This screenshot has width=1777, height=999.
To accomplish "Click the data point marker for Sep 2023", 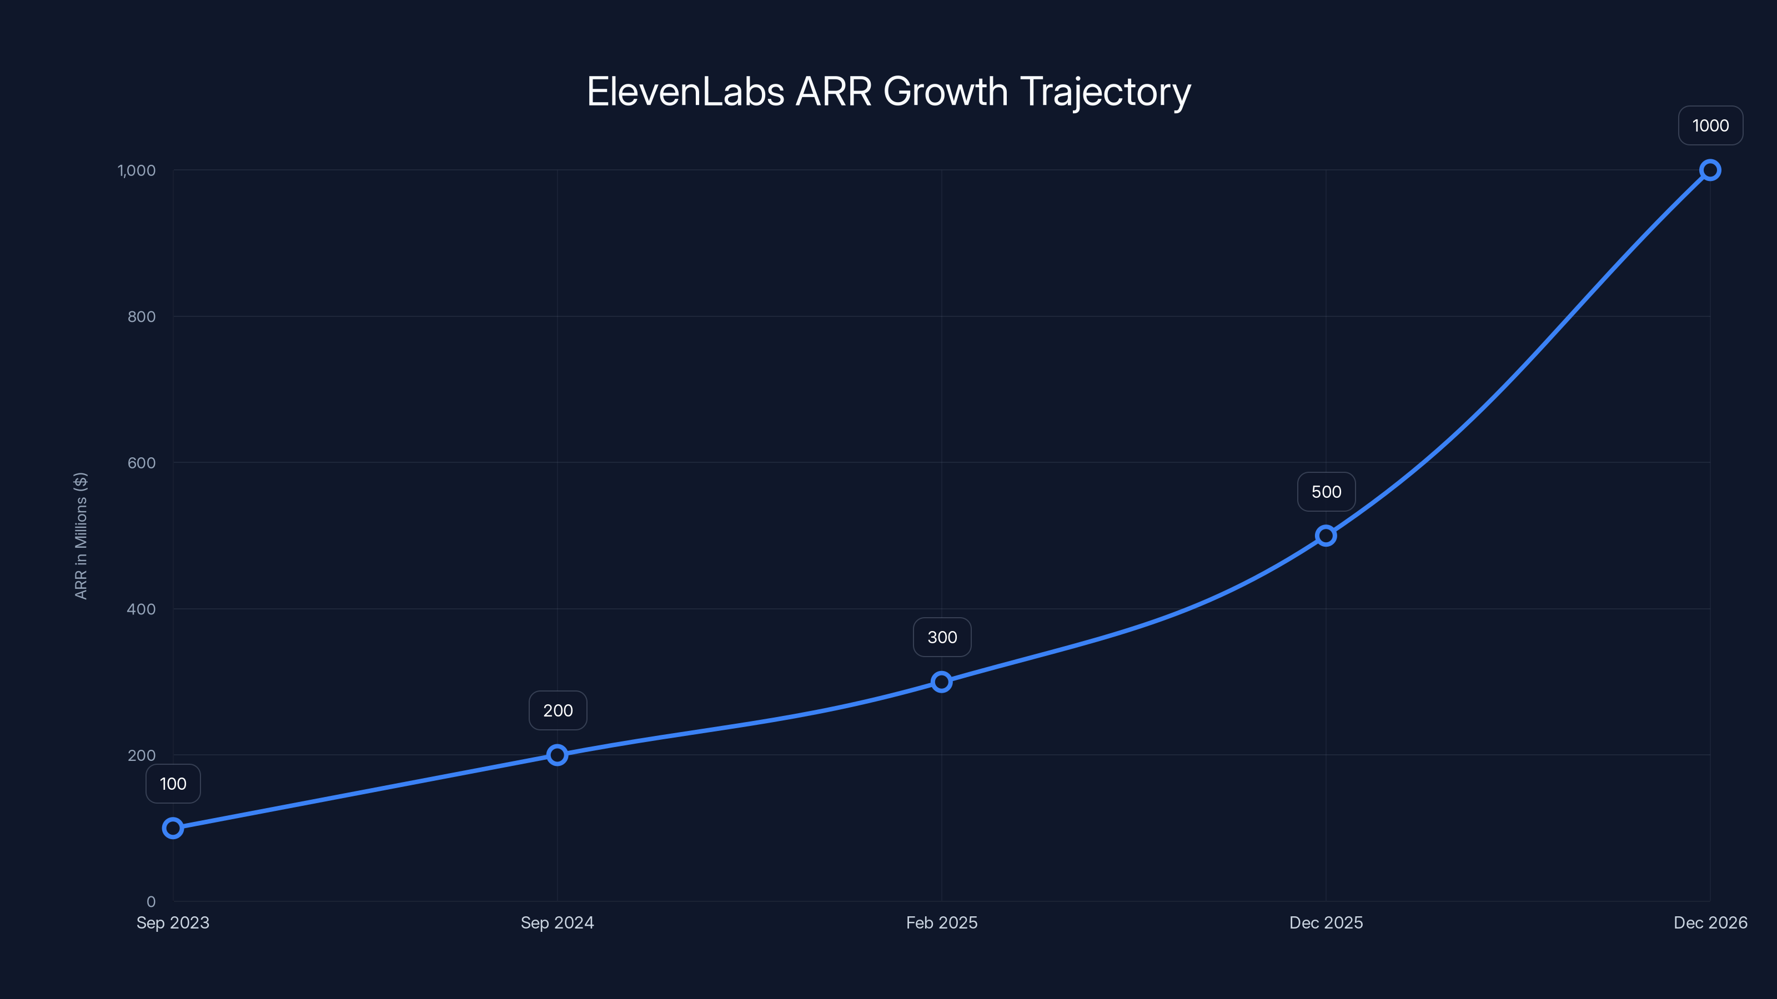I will click(173, 828).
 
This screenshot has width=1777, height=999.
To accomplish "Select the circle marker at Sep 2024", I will click(558, 755).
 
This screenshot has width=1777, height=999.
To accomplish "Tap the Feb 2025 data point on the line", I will click(942, 682).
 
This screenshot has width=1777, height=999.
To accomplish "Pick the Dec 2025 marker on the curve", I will click(1326, 536).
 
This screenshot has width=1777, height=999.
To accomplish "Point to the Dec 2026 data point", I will click(1710, 170).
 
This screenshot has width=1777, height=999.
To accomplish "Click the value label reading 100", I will click(173, 784).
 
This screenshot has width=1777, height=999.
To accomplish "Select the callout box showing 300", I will click(942, 637).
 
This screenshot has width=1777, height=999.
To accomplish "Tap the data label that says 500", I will click(1326, 492).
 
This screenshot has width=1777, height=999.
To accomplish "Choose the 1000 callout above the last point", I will click(1710, 125).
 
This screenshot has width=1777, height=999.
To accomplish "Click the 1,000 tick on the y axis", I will click(137, 170).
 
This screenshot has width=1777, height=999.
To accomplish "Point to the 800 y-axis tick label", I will click(142, 316).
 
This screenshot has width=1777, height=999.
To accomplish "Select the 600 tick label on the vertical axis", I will click(142, 463).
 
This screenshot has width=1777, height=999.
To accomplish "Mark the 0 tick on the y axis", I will click(151, 901).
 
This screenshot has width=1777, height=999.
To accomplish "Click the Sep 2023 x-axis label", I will click(173, 922).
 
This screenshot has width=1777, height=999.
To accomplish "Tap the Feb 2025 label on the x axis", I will click(942, 922).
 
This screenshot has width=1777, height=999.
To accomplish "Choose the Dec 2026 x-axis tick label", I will click(1710, 922).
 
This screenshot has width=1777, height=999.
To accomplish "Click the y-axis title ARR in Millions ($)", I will click(81, 536).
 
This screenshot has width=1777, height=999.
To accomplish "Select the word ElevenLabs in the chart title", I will click(685, 92).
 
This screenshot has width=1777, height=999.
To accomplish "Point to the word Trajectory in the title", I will click(1105, 92).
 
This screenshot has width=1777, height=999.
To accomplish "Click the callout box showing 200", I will click(558, 710).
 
